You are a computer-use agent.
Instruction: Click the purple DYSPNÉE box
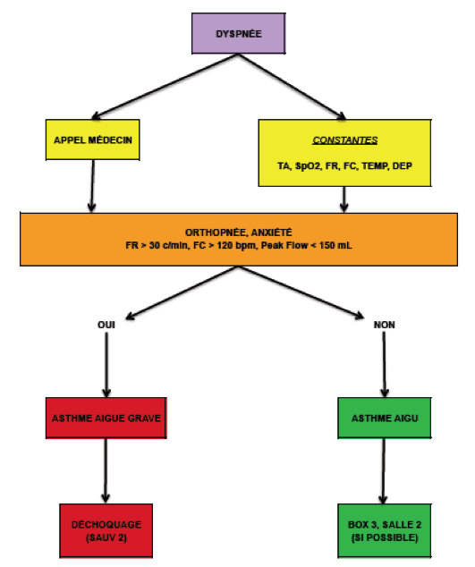pos(239,33)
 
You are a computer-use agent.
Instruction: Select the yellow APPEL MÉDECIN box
pos(93,140)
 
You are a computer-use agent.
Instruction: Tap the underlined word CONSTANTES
pos(344,140)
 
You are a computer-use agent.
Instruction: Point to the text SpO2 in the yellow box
pos(308,166)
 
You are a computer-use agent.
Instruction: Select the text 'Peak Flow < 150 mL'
pos(307,246)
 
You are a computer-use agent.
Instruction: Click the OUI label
pos(106,325)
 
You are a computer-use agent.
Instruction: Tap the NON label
pos(384,325)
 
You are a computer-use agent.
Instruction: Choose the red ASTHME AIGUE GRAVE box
pos(106,418)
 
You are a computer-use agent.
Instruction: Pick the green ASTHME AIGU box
pos(384,418)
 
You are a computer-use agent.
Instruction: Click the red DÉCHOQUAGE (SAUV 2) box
pos(106,531)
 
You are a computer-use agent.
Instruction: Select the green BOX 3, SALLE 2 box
pos(384,531)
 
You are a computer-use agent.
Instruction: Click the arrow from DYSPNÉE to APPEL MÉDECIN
pos(165,86)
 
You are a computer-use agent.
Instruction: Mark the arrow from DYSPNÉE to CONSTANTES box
pos(292,86)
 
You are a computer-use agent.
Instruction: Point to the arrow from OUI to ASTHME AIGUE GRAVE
pos(106,365)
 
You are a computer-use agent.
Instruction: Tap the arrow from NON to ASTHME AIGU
pos(384,365)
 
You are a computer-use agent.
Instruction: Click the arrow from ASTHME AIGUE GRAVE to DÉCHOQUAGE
pos(106,470)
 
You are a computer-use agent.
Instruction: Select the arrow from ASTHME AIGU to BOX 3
pos(384,470)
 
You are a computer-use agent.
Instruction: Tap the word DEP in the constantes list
pos(403,166)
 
